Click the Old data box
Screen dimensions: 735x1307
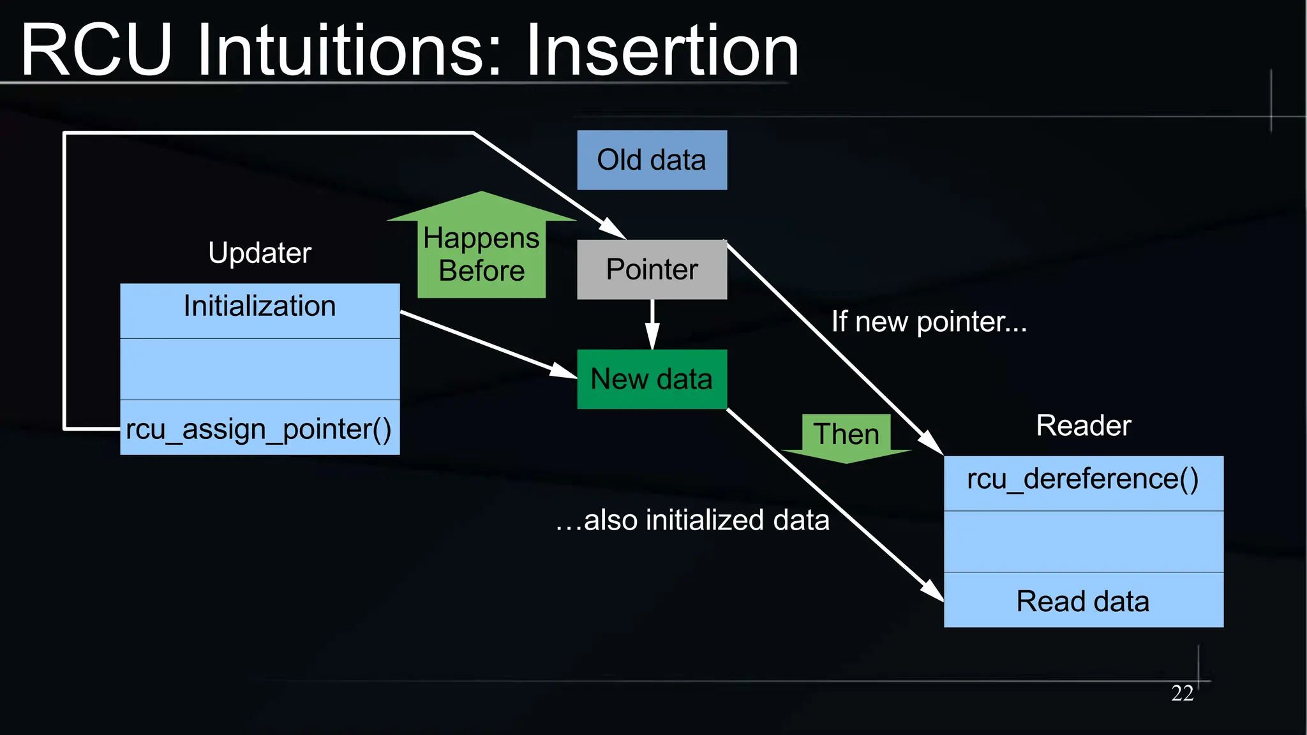pyautogui.click(x=652, y=160)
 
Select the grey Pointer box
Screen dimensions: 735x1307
pyautogui.click(x=652, y=269)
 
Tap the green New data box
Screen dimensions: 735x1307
pyautogui.click(x=652, y=379)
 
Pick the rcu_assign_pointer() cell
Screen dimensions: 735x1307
pyautogui.click(x=260, y=428)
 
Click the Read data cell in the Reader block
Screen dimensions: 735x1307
pyautogui.click(x=1083, y=600)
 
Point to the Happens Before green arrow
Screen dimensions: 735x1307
pyautogui.click(x=481, y=252)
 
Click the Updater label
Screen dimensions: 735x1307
pyautogui.click(x=260, y=253)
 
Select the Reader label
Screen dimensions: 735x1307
pyautogui.click(x=1083, y=426)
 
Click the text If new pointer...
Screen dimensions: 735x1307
pyautogui.click(x=929, y=322)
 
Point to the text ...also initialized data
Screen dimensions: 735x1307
pyautogui.click(x=692, y=520)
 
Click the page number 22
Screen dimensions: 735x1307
pyautogui.click(x=1182, y=693)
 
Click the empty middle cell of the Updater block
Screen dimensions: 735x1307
pyautogui.click(x=260, y=369)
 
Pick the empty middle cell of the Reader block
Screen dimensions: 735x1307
pyautogui.click(x=1083, y=541)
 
